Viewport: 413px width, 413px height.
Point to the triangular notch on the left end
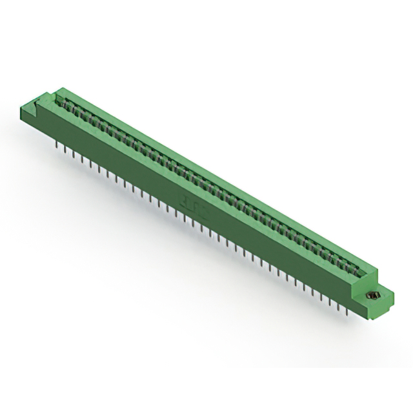(x=46, y=97)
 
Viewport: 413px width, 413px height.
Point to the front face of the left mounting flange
(x=29, y=116)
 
